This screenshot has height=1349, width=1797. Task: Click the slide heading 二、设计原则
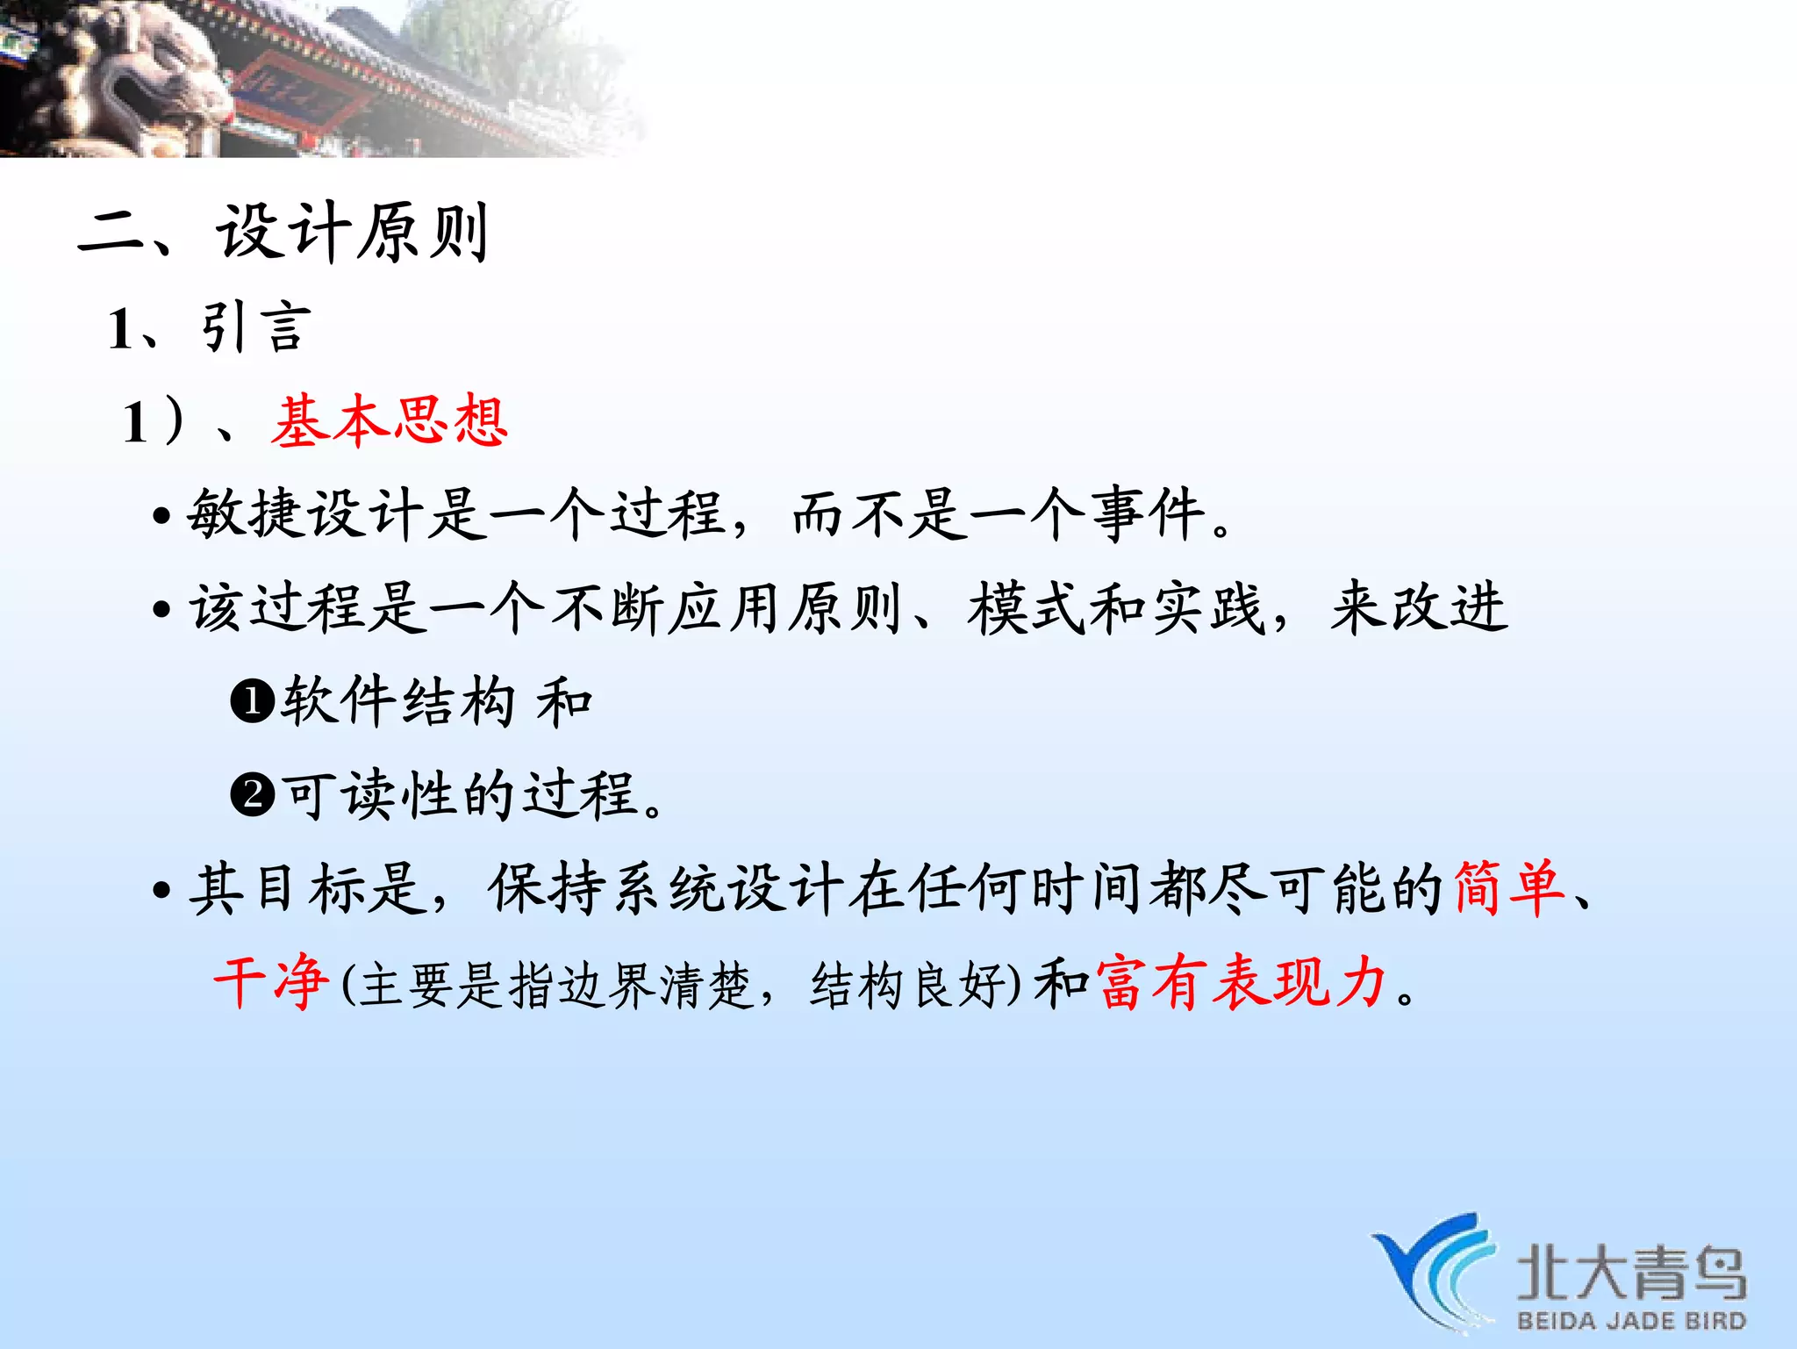283,233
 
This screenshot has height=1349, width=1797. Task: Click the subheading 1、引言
209,328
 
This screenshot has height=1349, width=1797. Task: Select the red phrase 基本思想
390,421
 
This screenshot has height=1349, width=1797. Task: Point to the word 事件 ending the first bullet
1148,514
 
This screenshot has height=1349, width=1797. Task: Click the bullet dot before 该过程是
161,609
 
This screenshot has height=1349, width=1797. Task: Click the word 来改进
1418,607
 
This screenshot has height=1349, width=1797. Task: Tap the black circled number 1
253,702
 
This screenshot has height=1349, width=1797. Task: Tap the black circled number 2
253,795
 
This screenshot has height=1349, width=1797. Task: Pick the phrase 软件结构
397,701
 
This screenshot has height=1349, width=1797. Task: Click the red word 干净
272,982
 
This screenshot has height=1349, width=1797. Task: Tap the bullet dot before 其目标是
161,890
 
